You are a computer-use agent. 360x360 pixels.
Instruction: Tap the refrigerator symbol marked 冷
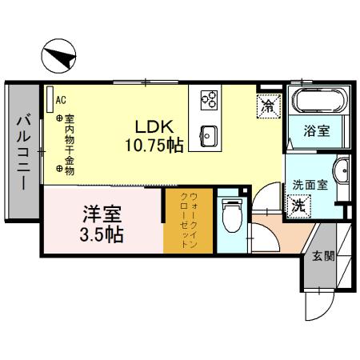pyautogui.click(x=268, y=105)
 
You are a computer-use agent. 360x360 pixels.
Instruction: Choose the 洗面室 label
pyautogui.click(x=307, y=182)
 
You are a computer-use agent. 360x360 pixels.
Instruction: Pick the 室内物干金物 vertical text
pyautogui.click(x=70, y=144)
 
